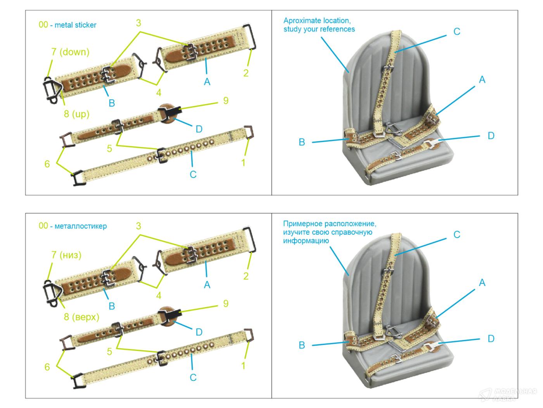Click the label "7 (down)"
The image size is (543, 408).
click(70, 52)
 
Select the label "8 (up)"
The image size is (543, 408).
click(77, 114)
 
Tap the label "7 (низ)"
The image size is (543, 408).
click(66, 255)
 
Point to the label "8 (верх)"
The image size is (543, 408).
click(81, 317)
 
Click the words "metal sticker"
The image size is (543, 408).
click(75, 25)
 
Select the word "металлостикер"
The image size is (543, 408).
click(81, 226)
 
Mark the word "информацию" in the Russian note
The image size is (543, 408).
click(306, 241)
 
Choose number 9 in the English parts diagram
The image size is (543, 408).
click(226, 101)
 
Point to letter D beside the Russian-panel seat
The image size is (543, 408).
click(491, 339)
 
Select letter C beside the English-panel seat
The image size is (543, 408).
click(457, 32)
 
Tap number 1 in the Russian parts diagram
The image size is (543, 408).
click(243, 365)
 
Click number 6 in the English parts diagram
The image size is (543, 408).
click(47, 164)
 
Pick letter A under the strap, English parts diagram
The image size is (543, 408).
click(207, 82)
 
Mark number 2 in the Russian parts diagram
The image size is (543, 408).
click(246, 276)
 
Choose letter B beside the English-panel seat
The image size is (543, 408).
click(302, 142)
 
